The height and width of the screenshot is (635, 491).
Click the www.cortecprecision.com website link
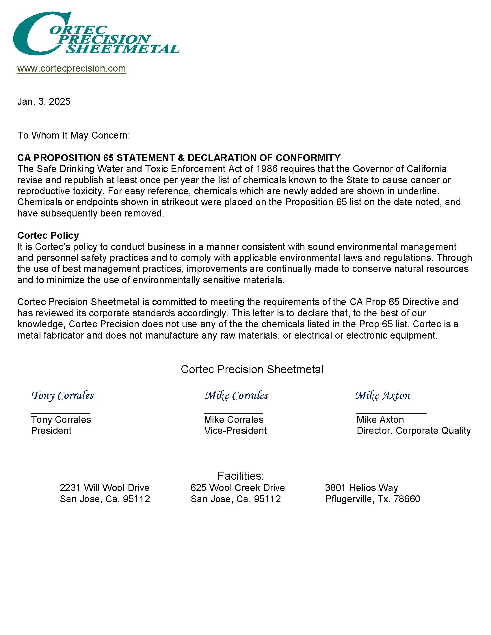(x=72, y=69)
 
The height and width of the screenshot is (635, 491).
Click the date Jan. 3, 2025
(x=44, y=102)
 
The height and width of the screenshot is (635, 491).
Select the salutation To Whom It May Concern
(x=74, y=135)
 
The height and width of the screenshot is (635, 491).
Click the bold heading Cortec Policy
(x=48, y=235)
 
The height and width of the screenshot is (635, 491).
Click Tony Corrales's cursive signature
(x=63, y=396)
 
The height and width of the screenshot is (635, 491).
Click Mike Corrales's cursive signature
(x=237, y=396)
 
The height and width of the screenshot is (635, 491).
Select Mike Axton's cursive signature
(x=383, y=396)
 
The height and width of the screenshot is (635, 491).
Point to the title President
(x=51, y=431)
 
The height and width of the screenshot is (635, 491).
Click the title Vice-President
(x=235, y=431)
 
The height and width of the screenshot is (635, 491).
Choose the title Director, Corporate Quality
(x=414, y=431)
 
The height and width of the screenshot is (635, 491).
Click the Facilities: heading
(x=241, y=476)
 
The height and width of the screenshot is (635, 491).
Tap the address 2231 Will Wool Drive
(x=105, y=488)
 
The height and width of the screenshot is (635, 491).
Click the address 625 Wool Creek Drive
(x=237, y=488)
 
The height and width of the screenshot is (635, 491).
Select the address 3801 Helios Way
(x=362, y=488)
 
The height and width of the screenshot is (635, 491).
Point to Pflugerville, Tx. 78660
(x=373, y=499)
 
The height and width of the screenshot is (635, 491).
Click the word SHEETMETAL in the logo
(x=122, y=49)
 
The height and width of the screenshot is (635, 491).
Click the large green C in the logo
(x=32, y=35)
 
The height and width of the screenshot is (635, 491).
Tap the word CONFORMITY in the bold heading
(x=308, y=158)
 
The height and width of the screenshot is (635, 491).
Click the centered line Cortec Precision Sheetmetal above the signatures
(x=252, y=369)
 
